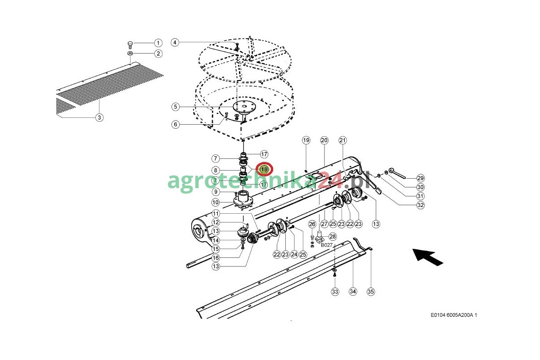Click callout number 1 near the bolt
tap(158, 43)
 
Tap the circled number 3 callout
tap(99, 117)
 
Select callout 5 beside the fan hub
tap(175, 107)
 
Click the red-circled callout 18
tap(264, 169)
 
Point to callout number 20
tap(324, 140)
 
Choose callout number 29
tap(420, 178)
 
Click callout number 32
tap(420, 205)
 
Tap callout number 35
tap(370, 292)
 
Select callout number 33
tap(335, 292)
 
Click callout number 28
tap(333, 237)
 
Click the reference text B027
tap(327, 245)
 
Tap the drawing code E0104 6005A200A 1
tap(454, 315)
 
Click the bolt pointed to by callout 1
tap(130, 45)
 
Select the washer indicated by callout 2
tap(130, 53)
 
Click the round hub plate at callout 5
tap(244, 107)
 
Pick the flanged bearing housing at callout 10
tap(243, 200)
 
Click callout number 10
tap(216, 202)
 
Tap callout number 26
tap(312, 224)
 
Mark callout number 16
tap(216, 258)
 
